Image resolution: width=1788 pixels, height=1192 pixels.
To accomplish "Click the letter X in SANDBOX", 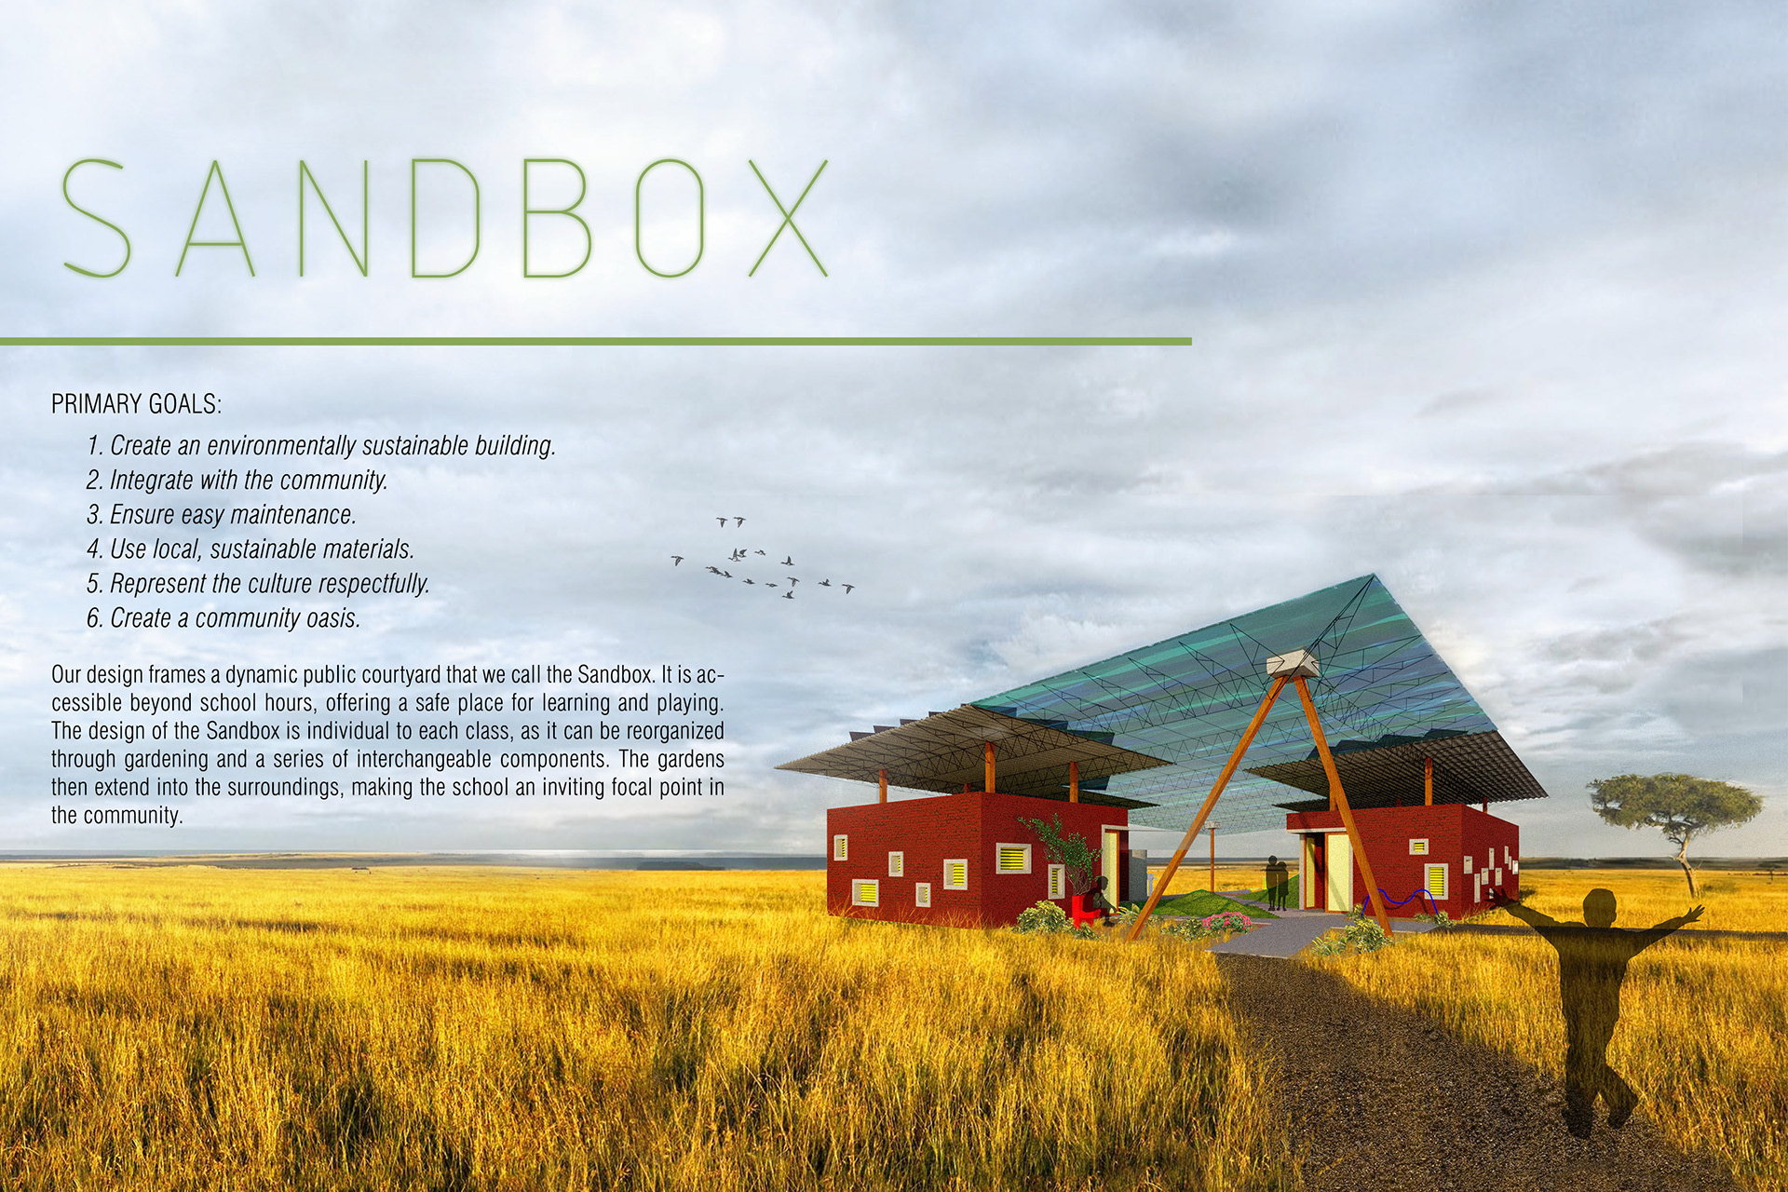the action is pos(788,218).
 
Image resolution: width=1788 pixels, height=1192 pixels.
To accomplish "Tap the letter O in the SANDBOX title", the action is pos(669,218).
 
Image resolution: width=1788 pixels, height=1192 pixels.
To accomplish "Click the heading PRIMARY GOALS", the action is pos(137,404).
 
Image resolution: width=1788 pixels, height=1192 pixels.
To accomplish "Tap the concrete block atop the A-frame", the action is pos(1292,663).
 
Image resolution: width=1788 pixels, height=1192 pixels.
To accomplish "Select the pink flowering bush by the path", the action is pos(1226,922).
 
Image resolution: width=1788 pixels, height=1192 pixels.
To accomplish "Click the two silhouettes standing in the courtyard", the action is pos(1276,882).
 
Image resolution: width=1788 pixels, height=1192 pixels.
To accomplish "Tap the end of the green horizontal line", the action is pos(1191,342).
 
